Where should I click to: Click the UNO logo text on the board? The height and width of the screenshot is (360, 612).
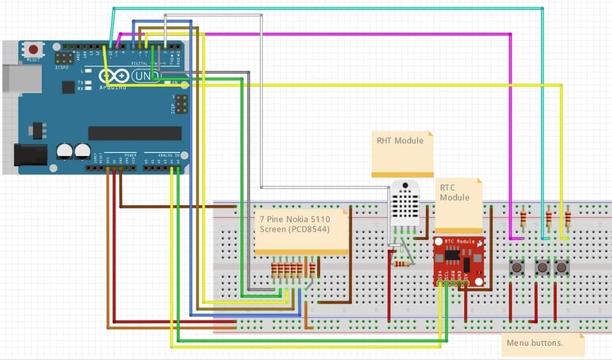pyautogui.click(x=146, y=75)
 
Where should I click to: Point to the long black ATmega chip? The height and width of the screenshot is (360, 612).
pyautogui.click(x=134, y=133)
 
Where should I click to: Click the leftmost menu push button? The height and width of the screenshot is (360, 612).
pyautogui.click(x=517, y=268)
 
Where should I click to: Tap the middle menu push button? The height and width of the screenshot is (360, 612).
pyautogui.click(x=543, y=267)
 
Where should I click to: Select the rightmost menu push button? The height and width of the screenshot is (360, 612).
pyautogui.click(x=562, y=267)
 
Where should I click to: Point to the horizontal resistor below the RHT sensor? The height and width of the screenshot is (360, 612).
pyautogui.click(x=402, y=264)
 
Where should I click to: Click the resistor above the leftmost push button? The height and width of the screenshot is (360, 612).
pyautogui.click(x=523, y=218)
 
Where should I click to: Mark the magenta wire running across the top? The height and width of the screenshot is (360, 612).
pyautogui.click(x=340, y=34)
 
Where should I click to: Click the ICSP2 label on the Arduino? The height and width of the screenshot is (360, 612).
pyautogui.click(x=63, y=67)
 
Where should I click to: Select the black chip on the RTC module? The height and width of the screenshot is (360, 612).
pyautogui.click(x=452, y=255)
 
